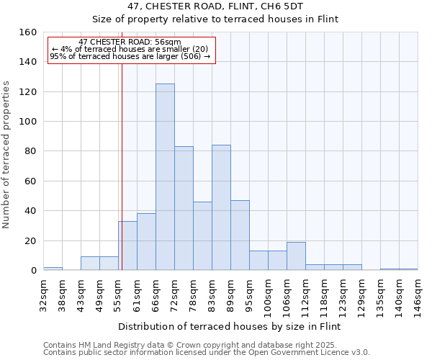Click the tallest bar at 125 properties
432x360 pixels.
pyautogui.click(x=165, y=177)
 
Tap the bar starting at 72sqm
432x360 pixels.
pyautogui.click(x=184, y=208)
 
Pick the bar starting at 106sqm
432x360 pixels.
pyautogui.click(x=296, y=256)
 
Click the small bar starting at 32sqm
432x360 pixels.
pyautogui.click(x=53, y=269)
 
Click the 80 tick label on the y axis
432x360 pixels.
pyautogui.click(x=31, y=151)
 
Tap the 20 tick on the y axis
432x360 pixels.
pyautogui.click(x=31, y=240)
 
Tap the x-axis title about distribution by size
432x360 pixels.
pyautogui.click(x=230, y=326)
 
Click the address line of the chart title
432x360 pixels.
pyautogui.click(x=230, y=6)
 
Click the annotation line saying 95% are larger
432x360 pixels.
pyautogui.click(x=130, y=56)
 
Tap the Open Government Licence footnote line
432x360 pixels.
pyautogui.click(x=206, y=353)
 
